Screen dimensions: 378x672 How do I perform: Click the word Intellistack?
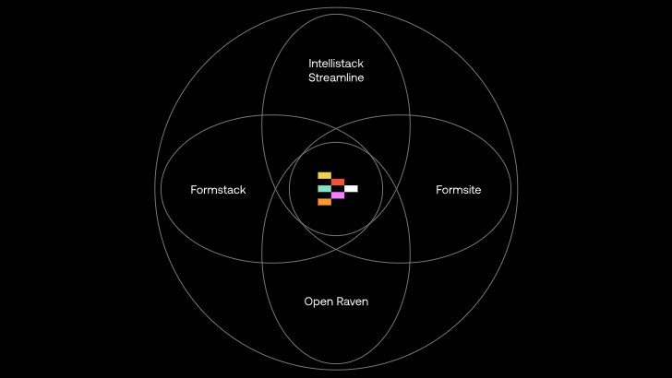pyautogui.click(x=336, y=64)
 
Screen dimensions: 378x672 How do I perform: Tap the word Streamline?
pyautogui.click(x=336, y=78)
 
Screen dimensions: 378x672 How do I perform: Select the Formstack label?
pyautogui.click(x=218, y=190)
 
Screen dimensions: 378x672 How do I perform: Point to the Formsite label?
pyautogui.click(x=459, y=190)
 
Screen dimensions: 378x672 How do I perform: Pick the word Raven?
pyautogui.click(x=352, y=301)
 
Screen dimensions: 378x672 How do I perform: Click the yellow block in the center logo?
pyautogui.click(x=324, y=175)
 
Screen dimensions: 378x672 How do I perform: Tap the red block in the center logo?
pyautogui.click(x=338, y=182)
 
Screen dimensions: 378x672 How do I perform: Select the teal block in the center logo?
pyautogui.click(x=324, y=189)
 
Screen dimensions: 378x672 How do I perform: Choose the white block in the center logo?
pyautogui.click(x=351, y=189)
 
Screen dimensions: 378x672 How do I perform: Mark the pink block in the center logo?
pyautogui.click(x=338, y=195)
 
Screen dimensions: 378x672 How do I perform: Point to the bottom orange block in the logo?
pyautogui.click(x=324, y=202)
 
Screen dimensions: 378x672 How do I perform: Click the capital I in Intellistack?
pyautogui.click(x=310, y=64)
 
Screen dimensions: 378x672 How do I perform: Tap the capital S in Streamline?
pyautogui.click(x=311, y=78)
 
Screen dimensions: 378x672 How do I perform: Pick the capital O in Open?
pyautogui.click(x=308, y=301)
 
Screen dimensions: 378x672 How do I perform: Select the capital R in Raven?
pyautogui.click(x=340, y=301)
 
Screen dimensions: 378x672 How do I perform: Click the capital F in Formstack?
pyautogui.click(x=194, y=190)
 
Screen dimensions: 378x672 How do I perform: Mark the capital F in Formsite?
pyautogui.click(x=438, y=190)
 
